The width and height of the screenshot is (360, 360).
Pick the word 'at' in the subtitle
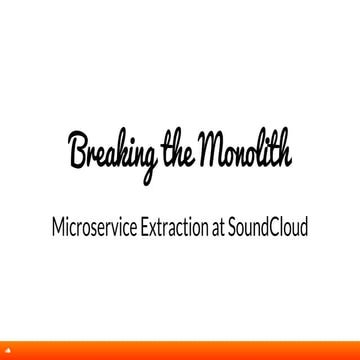coord(239,228)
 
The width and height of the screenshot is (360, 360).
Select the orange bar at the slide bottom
coord(180,354)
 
